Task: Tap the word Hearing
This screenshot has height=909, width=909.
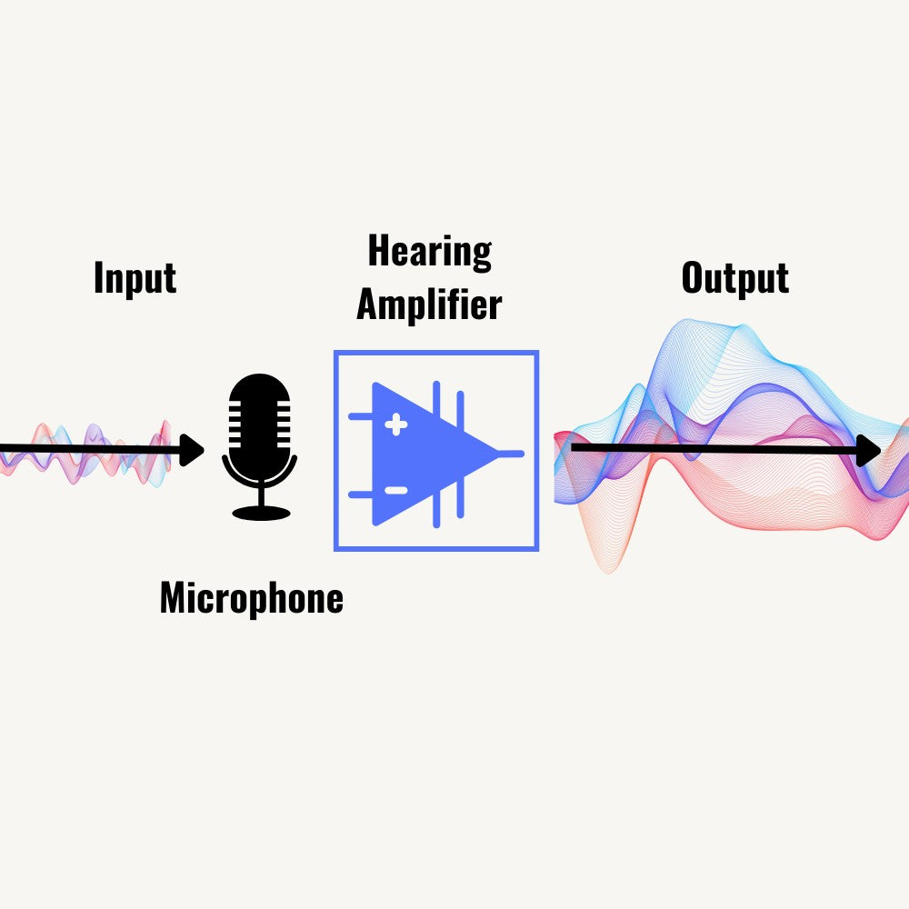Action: [x=430, y=252]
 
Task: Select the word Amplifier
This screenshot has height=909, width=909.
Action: [x=429, y=304]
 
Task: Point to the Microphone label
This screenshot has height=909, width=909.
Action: [x=252, y=598]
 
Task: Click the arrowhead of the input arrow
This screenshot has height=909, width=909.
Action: [x=191, y=450]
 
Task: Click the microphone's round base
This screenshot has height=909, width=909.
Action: [x=261, y=513]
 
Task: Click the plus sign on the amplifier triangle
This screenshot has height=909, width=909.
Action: [x=396, y=425]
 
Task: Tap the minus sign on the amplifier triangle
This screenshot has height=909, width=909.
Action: [x=396, y=491]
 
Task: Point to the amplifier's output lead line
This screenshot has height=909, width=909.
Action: [x=511, y=454]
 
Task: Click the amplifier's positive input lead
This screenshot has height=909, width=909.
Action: [x=360, y=416]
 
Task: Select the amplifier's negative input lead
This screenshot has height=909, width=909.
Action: [x=360, y=494]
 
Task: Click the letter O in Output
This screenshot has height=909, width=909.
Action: [x=692, y=277]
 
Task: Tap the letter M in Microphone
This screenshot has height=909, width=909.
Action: [x=173, y=597]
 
